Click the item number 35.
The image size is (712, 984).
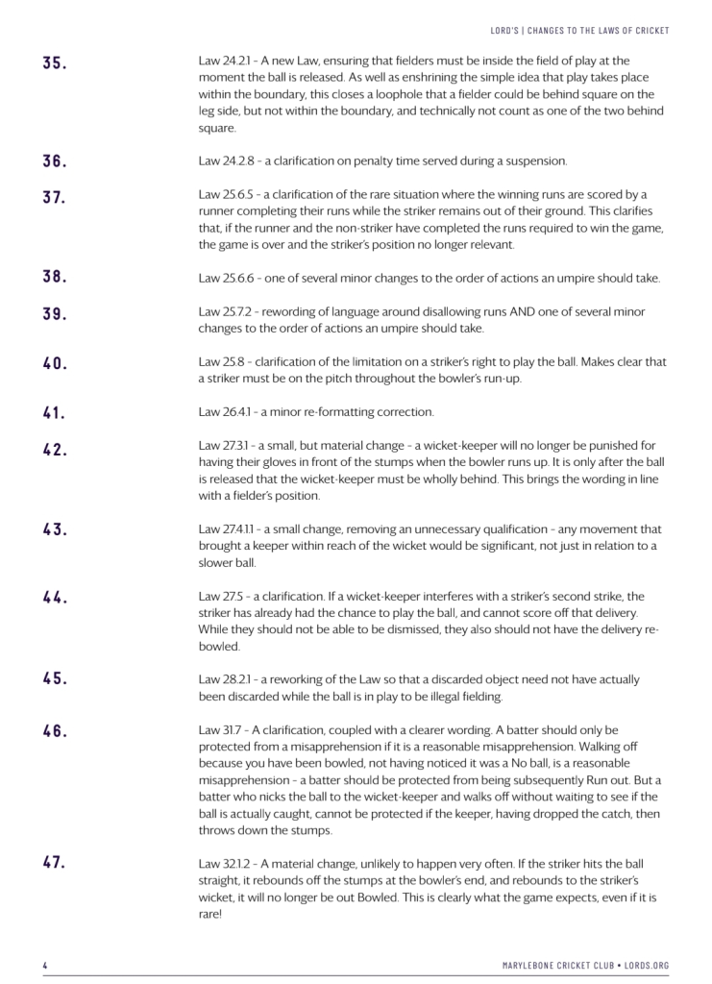(54, 64)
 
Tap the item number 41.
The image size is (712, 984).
(54, 414)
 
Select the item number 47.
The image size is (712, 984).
(54, 862)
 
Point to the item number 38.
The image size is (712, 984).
(54, 278)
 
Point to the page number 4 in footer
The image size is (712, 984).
(45, 964)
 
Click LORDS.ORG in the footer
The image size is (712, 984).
(649, 964)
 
